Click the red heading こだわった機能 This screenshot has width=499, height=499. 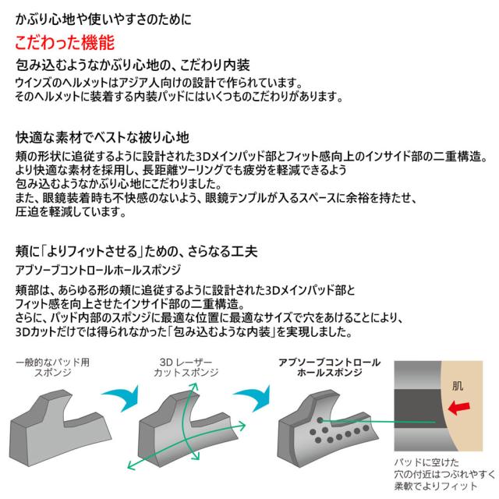65,43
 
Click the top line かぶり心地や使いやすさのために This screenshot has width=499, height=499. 104,19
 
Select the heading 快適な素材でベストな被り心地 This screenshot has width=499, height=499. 102,137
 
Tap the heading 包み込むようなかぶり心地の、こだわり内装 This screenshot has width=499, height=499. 133,65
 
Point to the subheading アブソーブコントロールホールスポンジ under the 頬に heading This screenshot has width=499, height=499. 98,270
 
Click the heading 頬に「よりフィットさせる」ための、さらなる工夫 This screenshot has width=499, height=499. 136,251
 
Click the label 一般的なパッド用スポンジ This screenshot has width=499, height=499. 52,367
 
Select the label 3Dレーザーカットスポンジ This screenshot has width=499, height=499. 186,367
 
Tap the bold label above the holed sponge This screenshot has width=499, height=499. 329,367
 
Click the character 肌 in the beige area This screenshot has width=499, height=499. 458,386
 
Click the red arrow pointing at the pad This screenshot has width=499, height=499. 458,408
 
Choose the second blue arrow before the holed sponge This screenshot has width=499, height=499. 253,398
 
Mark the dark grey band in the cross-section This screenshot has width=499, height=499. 419,409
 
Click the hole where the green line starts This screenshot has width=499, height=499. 320,420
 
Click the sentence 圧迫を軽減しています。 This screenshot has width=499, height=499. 71,211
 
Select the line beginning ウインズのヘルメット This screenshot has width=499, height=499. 159,83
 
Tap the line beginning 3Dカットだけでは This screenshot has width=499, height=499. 184,332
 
